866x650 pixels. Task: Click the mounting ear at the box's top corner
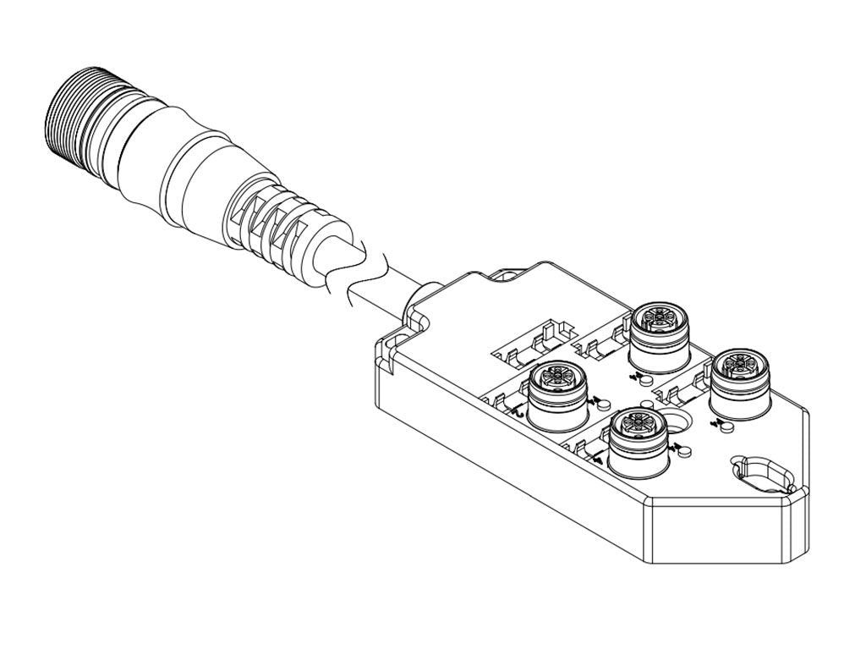(x=507, y=274)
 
